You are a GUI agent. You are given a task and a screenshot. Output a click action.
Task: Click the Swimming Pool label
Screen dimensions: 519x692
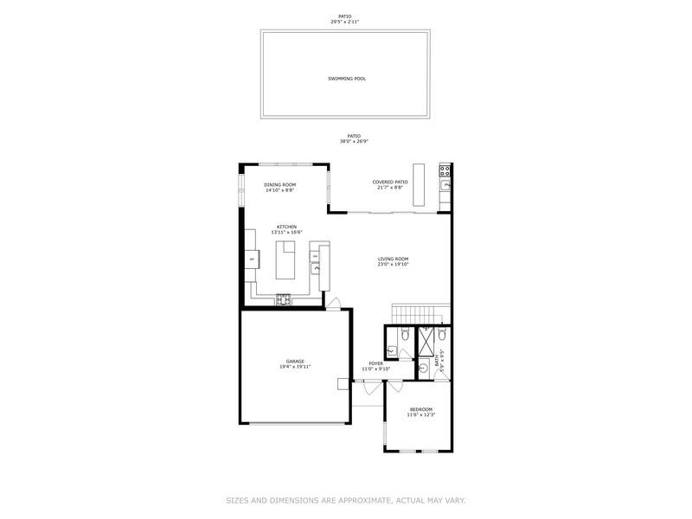point(346,79)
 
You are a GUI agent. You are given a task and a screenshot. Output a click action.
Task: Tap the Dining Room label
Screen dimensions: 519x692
point(280,184)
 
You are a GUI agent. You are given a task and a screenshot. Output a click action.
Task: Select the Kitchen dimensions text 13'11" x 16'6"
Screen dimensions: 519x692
point(286,233)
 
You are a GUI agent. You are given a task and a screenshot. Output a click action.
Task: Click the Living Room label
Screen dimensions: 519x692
point(393,259)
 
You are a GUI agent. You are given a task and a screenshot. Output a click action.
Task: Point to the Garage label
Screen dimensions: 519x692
point(295,361)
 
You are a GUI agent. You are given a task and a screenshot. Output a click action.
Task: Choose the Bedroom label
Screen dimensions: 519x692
point(420,409)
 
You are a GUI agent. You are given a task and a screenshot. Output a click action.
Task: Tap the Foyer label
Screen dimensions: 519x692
point(375,363)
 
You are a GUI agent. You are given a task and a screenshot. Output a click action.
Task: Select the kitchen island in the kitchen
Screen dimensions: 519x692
point(285,259)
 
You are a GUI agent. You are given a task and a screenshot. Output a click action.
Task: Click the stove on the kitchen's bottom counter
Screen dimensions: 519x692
point(284,300)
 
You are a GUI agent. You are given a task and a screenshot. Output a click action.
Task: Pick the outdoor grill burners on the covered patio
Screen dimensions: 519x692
point(445,170)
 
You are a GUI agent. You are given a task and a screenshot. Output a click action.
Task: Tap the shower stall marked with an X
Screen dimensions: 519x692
point(427,343)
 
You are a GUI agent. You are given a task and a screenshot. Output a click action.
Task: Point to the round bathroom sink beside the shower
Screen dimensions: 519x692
point(424,368)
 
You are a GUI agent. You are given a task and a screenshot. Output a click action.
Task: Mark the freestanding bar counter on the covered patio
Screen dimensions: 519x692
point(420,183)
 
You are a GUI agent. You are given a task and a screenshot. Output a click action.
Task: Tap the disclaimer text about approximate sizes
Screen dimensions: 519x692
point(346,500)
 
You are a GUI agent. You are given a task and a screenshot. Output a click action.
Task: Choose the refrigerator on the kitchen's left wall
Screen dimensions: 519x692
point(251,259)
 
